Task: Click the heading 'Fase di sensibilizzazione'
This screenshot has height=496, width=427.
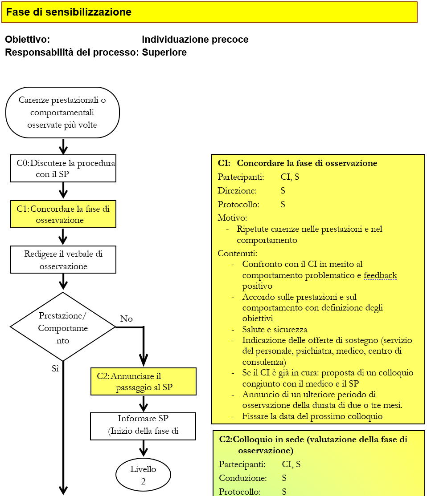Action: click(x=69, y=12)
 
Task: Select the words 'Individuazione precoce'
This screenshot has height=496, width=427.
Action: click(x=195, y=40)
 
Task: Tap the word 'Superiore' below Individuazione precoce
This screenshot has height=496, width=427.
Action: click(x=164, y=52)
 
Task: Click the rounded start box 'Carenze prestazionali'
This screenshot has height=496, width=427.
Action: click(x=62, y=113)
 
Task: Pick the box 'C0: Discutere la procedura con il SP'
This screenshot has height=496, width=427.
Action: click(x=63, y=169)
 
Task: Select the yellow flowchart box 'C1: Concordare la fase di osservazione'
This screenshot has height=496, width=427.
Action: click(x=63, y=214)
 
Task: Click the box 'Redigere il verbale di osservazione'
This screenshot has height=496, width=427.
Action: click(x=63, y=260)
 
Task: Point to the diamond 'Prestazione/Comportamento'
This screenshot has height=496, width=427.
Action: click(x=63, y=327)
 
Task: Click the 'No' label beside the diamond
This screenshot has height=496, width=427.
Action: click(x=127, y=319)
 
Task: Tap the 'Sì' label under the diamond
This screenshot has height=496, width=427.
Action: click(x=55, y=368)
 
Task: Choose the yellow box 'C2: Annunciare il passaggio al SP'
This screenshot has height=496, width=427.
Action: click(x=144, y=382)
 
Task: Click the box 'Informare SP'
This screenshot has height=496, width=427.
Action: click(x=143, y=426)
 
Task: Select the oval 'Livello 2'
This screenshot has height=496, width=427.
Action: click(x=143, y=475)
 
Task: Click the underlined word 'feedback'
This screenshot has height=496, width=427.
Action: click(x=380, y=275)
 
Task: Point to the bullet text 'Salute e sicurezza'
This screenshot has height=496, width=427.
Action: click(x=275, y=330)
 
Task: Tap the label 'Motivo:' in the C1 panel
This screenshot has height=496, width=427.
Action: click(x=232, y=218)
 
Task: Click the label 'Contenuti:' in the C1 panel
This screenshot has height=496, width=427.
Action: click(x=237, y=254)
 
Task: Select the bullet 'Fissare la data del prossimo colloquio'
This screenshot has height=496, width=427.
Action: click(x=312, y=416)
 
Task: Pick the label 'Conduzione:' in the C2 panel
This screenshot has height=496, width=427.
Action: click(x=243, y=478)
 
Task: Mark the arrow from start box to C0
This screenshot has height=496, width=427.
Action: click(x=63, y=146)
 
